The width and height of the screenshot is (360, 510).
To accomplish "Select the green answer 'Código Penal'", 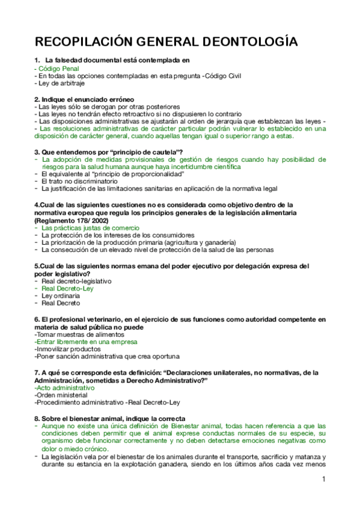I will [x=58, y=69].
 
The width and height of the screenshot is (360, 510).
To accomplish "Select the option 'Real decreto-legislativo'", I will [x=76, y=281].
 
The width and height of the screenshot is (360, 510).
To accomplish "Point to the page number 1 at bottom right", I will [x=323, y=479].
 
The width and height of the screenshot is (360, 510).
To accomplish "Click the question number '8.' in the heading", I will [x=37, y=418].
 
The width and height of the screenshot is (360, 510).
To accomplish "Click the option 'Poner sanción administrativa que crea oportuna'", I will [x=95, y=356].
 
